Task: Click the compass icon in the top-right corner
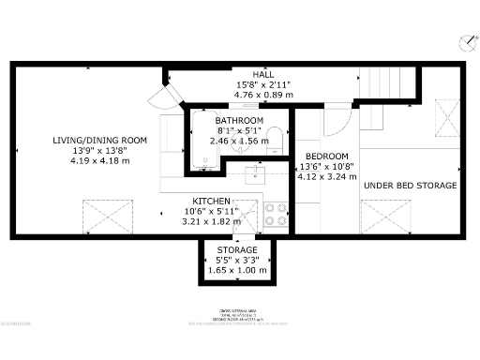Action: [465, 42]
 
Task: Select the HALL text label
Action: [262, 74]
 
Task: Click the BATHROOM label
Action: [239, 122]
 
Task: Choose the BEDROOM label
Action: [327, 156]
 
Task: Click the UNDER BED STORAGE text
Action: [411, 186]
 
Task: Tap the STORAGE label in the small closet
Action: [237, 250]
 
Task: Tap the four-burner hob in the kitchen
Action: [276, 215]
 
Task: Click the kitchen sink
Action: [256, 174]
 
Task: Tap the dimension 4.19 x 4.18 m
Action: [87, 160]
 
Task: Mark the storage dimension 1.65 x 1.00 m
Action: [237, 270]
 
